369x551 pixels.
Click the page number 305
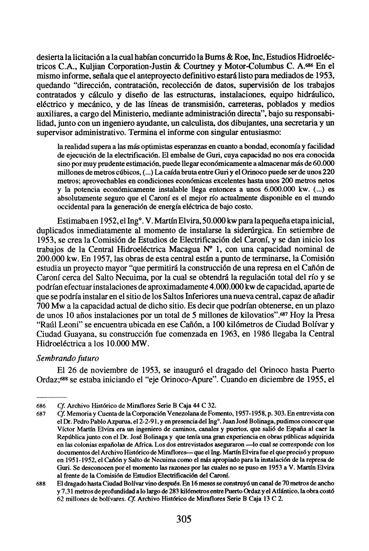[184, 519]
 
